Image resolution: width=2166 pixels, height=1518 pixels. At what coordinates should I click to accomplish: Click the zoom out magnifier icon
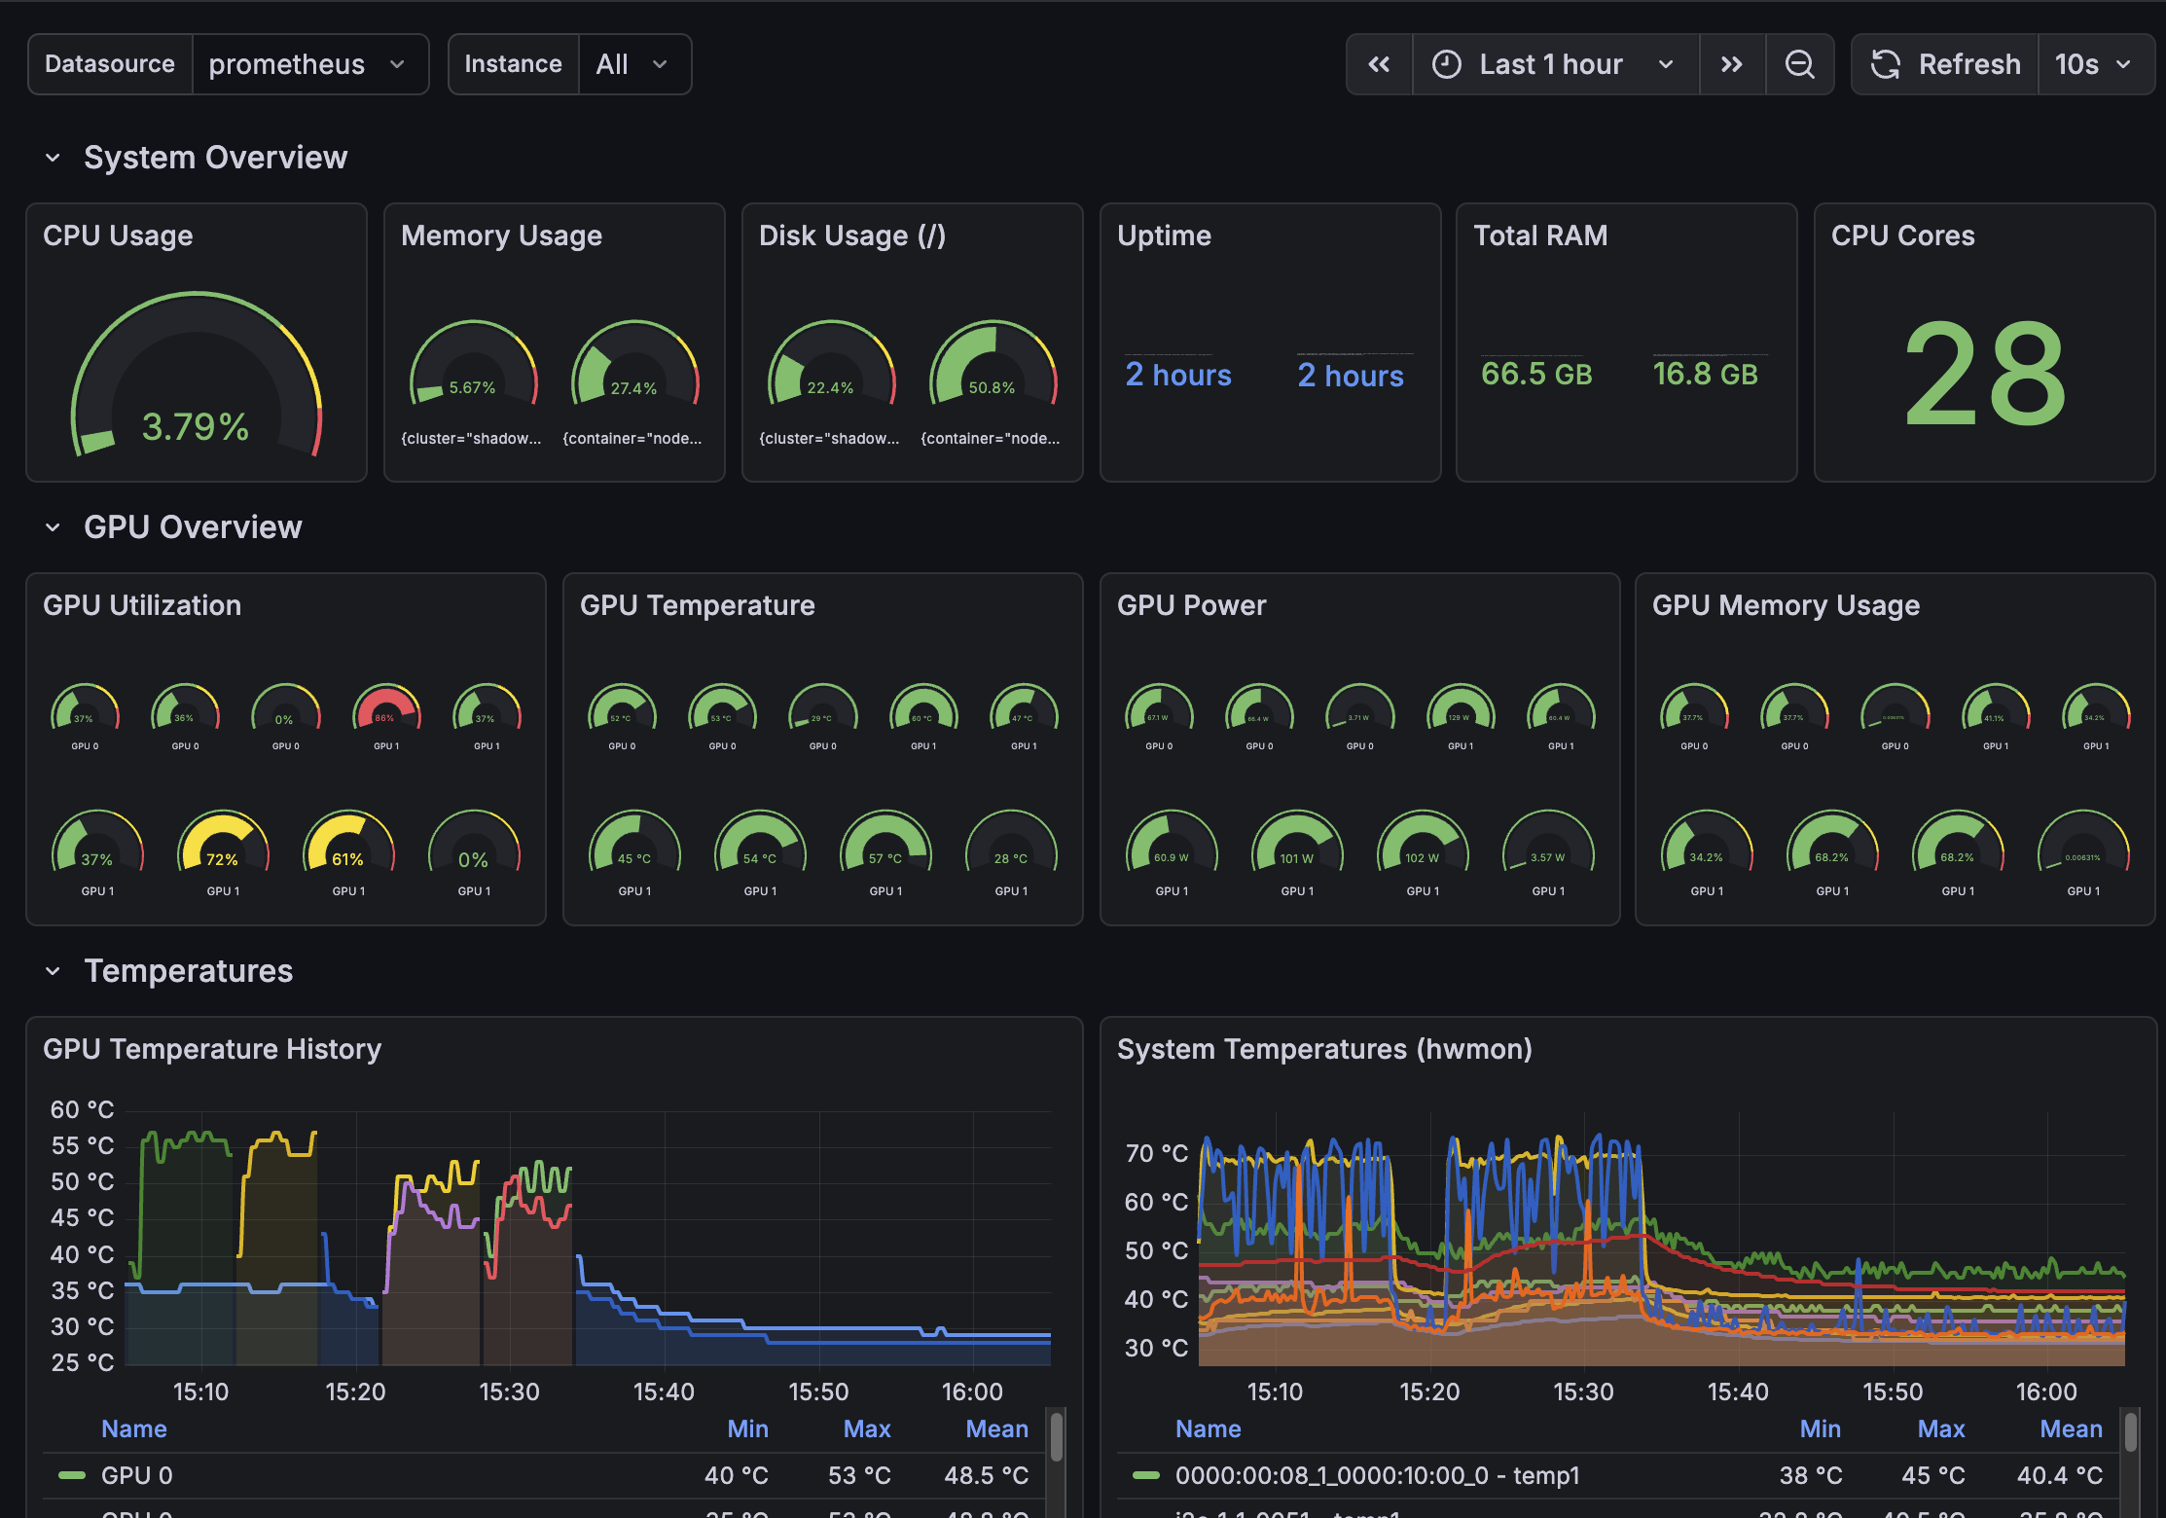coord(1799,64)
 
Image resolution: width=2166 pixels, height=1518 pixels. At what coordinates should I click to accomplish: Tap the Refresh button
coord(1945,64)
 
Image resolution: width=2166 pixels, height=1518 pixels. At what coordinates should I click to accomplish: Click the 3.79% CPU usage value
coord(196,426)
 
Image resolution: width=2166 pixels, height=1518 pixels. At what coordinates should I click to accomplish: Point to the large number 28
coord(1984,375)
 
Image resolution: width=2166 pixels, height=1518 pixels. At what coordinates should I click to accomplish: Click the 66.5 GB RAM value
coord(1535,374)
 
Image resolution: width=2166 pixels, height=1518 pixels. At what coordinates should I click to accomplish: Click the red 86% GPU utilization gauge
coord(386,711)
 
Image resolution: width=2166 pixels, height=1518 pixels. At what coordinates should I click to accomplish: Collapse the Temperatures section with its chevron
coord(53,971)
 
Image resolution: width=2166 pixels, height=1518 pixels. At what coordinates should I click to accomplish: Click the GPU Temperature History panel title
coord(212,1049)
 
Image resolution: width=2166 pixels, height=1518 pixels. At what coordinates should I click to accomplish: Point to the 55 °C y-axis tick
coord(82,1145)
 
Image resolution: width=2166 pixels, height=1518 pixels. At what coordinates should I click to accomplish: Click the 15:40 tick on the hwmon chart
coord(1738,1391)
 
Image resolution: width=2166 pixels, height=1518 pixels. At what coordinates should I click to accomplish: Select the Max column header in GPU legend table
coord(866,1428)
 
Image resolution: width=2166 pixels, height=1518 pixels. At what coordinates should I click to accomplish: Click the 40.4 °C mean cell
coord(2059,1475)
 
